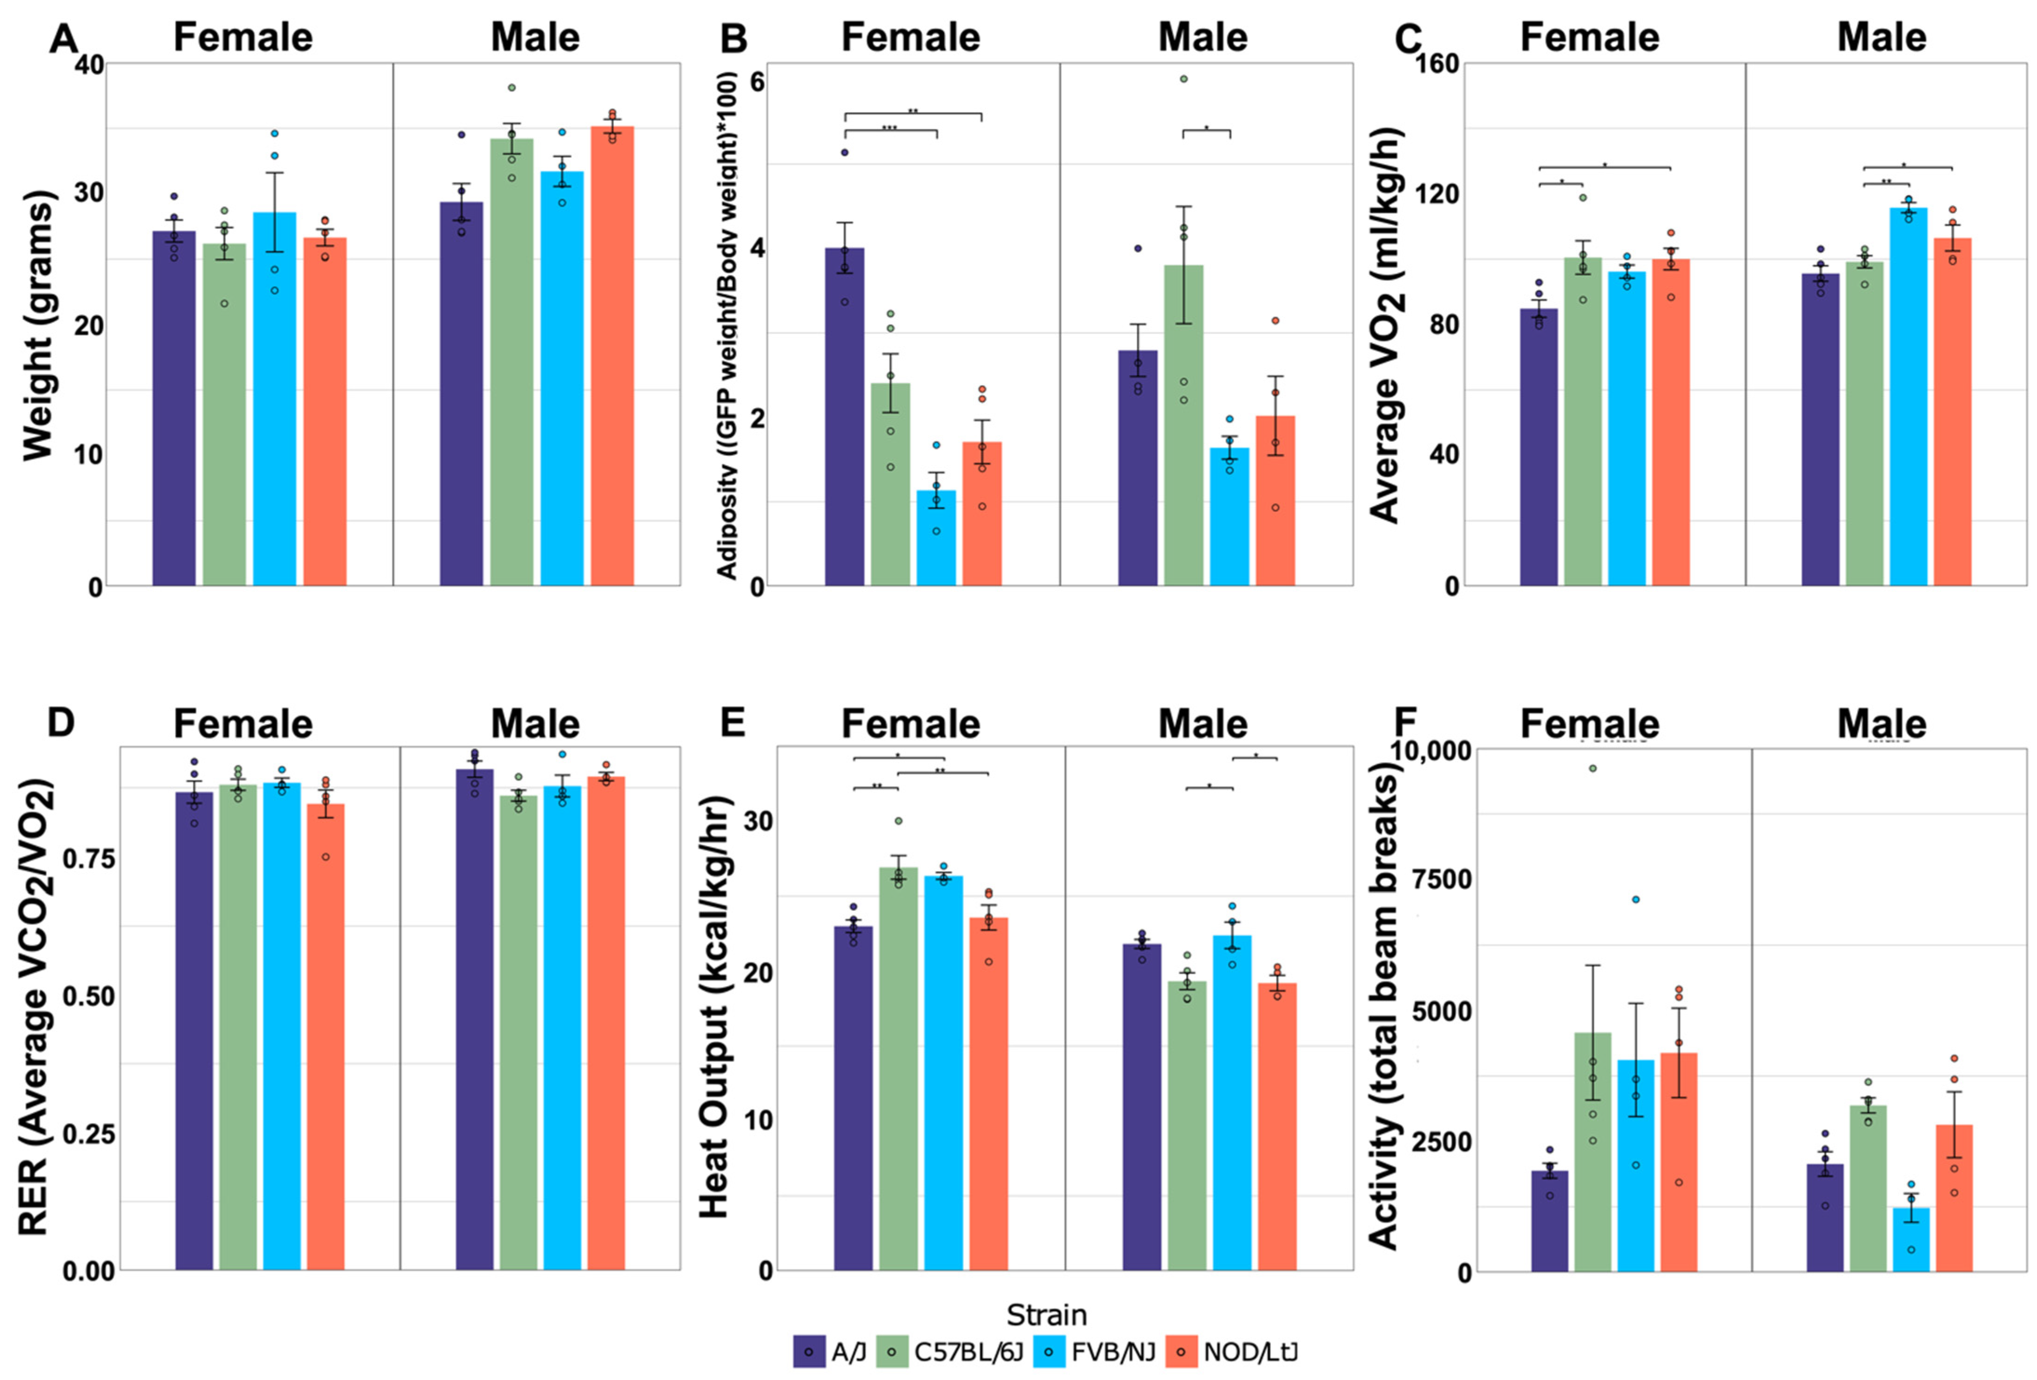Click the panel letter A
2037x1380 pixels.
63,39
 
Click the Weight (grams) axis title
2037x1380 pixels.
40,325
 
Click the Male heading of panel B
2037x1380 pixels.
1203,38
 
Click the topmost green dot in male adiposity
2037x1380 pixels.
1183,79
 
